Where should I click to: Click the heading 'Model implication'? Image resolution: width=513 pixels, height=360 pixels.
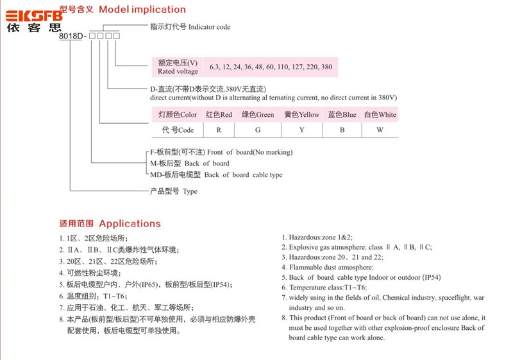tap(143, 10)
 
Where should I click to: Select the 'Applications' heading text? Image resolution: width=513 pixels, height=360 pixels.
tap(130, 223)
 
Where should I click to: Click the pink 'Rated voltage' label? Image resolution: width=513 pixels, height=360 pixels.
tap(178, 67)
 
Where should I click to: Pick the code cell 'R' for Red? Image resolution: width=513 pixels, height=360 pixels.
tap(219, 130)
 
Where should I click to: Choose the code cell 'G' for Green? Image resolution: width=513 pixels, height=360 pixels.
tap(257, 130)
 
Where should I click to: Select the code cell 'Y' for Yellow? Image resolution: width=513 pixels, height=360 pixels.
tap(301, 130)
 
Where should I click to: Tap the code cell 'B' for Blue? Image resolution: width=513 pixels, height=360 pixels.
tap(342, 130)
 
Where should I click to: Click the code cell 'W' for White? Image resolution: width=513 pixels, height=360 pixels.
tap(380, 130)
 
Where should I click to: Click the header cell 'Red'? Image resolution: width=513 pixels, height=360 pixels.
tap(219, 115)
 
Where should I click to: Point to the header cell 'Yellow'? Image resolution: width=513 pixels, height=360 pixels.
tap(301, 115)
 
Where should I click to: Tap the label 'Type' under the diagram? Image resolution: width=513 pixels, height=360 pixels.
tap(173, 191)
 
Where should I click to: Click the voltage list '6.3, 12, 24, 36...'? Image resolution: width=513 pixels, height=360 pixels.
tap(271, 67)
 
